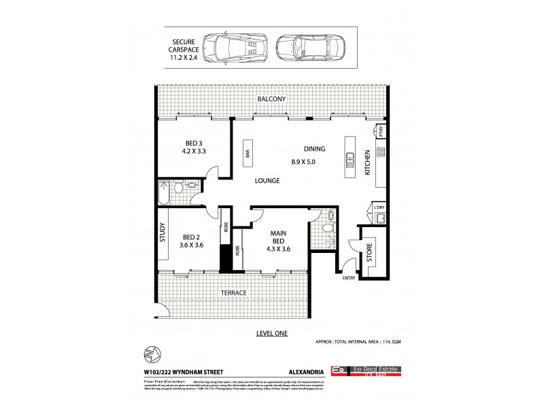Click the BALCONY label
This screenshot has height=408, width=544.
271,99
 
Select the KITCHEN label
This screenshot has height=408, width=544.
367,163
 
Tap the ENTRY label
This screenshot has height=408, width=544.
349,277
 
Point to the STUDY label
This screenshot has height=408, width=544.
163,232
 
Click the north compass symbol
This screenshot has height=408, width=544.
151,354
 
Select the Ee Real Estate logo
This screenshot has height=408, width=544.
364,371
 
